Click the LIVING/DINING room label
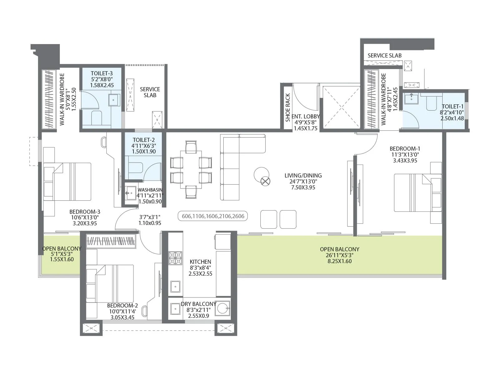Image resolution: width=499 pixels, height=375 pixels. (x=303, y=176)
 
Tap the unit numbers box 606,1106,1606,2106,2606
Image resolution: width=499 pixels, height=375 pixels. (x=213, y=216)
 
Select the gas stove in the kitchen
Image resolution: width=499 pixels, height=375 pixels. (x=175, y=258)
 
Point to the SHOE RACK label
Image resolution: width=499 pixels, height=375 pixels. (x=288, y=107)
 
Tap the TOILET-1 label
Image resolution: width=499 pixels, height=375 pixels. (x=453, y=107)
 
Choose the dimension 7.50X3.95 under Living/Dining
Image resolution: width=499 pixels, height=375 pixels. (x=303, y=187)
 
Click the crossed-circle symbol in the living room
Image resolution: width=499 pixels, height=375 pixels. (x=265, y=181)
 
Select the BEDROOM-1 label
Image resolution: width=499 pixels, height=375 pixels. (x=405, y=149)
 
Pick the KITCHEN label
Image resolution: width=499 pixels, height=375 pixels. (x=200, y=262)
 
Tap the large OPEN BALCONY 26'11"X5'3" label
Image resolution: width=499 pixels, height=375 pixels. (x=339, y=249)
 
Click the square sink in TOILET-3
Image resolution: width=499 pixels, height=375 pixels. (x=114, y=100)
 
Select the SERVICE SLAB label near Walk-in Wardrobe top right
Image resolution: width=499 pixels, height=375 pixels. (x=384, y=56)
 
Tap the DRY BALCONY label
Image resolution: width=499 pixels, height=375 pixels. (x=198, y=304)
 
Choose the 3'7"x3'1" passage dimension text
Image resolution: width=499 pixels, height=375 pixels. (x=150, y=217)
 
